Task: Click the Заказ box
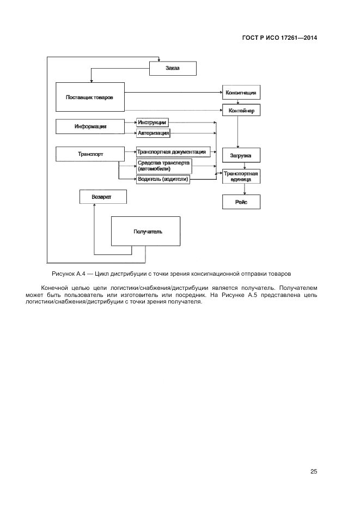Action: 172,68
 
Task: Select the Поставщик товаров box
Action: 90,97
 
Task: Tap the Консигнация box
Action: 240,93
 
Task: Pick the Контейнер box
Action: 240,111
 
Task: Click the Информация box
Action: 90,126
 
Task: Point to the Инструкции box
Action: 152,123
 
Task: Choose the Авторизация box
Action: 153,132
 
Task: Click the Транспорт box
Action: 90,154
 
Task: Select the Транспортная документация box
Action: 172,152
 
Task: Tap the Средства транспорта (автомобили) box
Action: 163,166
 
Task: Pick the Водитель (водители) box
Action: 163,179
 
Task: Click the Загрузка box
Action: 240,155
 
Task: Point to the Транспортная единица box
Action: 240,176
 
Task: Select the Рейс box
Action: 240,202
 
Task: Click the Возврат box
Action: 103,196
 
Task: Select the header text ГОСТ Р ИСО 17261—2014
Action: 279,38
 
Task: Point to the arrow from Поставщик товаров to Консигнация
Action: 174,93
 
